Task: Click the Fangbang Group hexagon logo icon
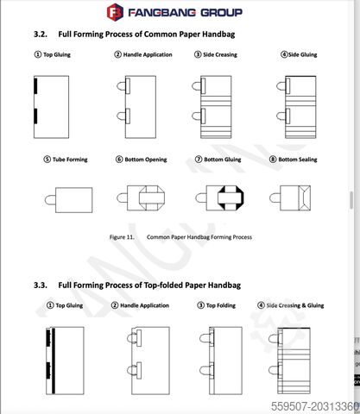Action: coord(115,12)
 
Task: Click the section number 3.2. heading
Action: coord(41,34)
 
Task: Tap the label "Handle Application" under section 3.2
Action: coord(148,54)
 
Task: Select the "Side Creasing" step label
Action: coord(220,54)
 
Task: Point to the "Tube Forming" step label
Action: coord(70,160)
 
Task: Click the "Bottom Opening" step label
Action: coord(146,160)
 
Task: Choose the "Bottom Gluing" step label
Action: coord(223,160)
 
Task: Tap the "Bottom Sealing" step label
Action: coord(298,160)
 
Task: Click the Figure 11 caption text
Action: coord(180,237)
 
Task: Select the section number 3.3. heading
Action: coord(41,285)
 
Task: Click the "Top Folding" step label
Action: coord(221,305)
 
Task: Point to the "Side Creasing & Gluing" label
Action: coord(295,305)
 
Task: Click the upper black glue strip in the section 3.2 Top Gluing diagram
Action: coord(35,85)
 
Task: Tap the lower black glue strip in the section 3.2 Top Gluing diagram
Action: coord(35,116)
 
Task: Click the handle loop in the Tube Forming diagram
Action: coord(50,200)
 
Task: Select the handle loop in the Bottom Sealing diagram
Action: coord(275,198)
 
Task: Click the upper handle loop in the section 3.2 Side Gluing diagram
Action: coord(281,86)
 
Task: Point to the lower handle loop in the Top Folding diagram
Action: coord(205,371)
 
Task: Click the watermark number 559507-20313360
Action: coord(315,406)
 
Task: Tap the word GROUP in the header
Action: coord(221,13)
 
